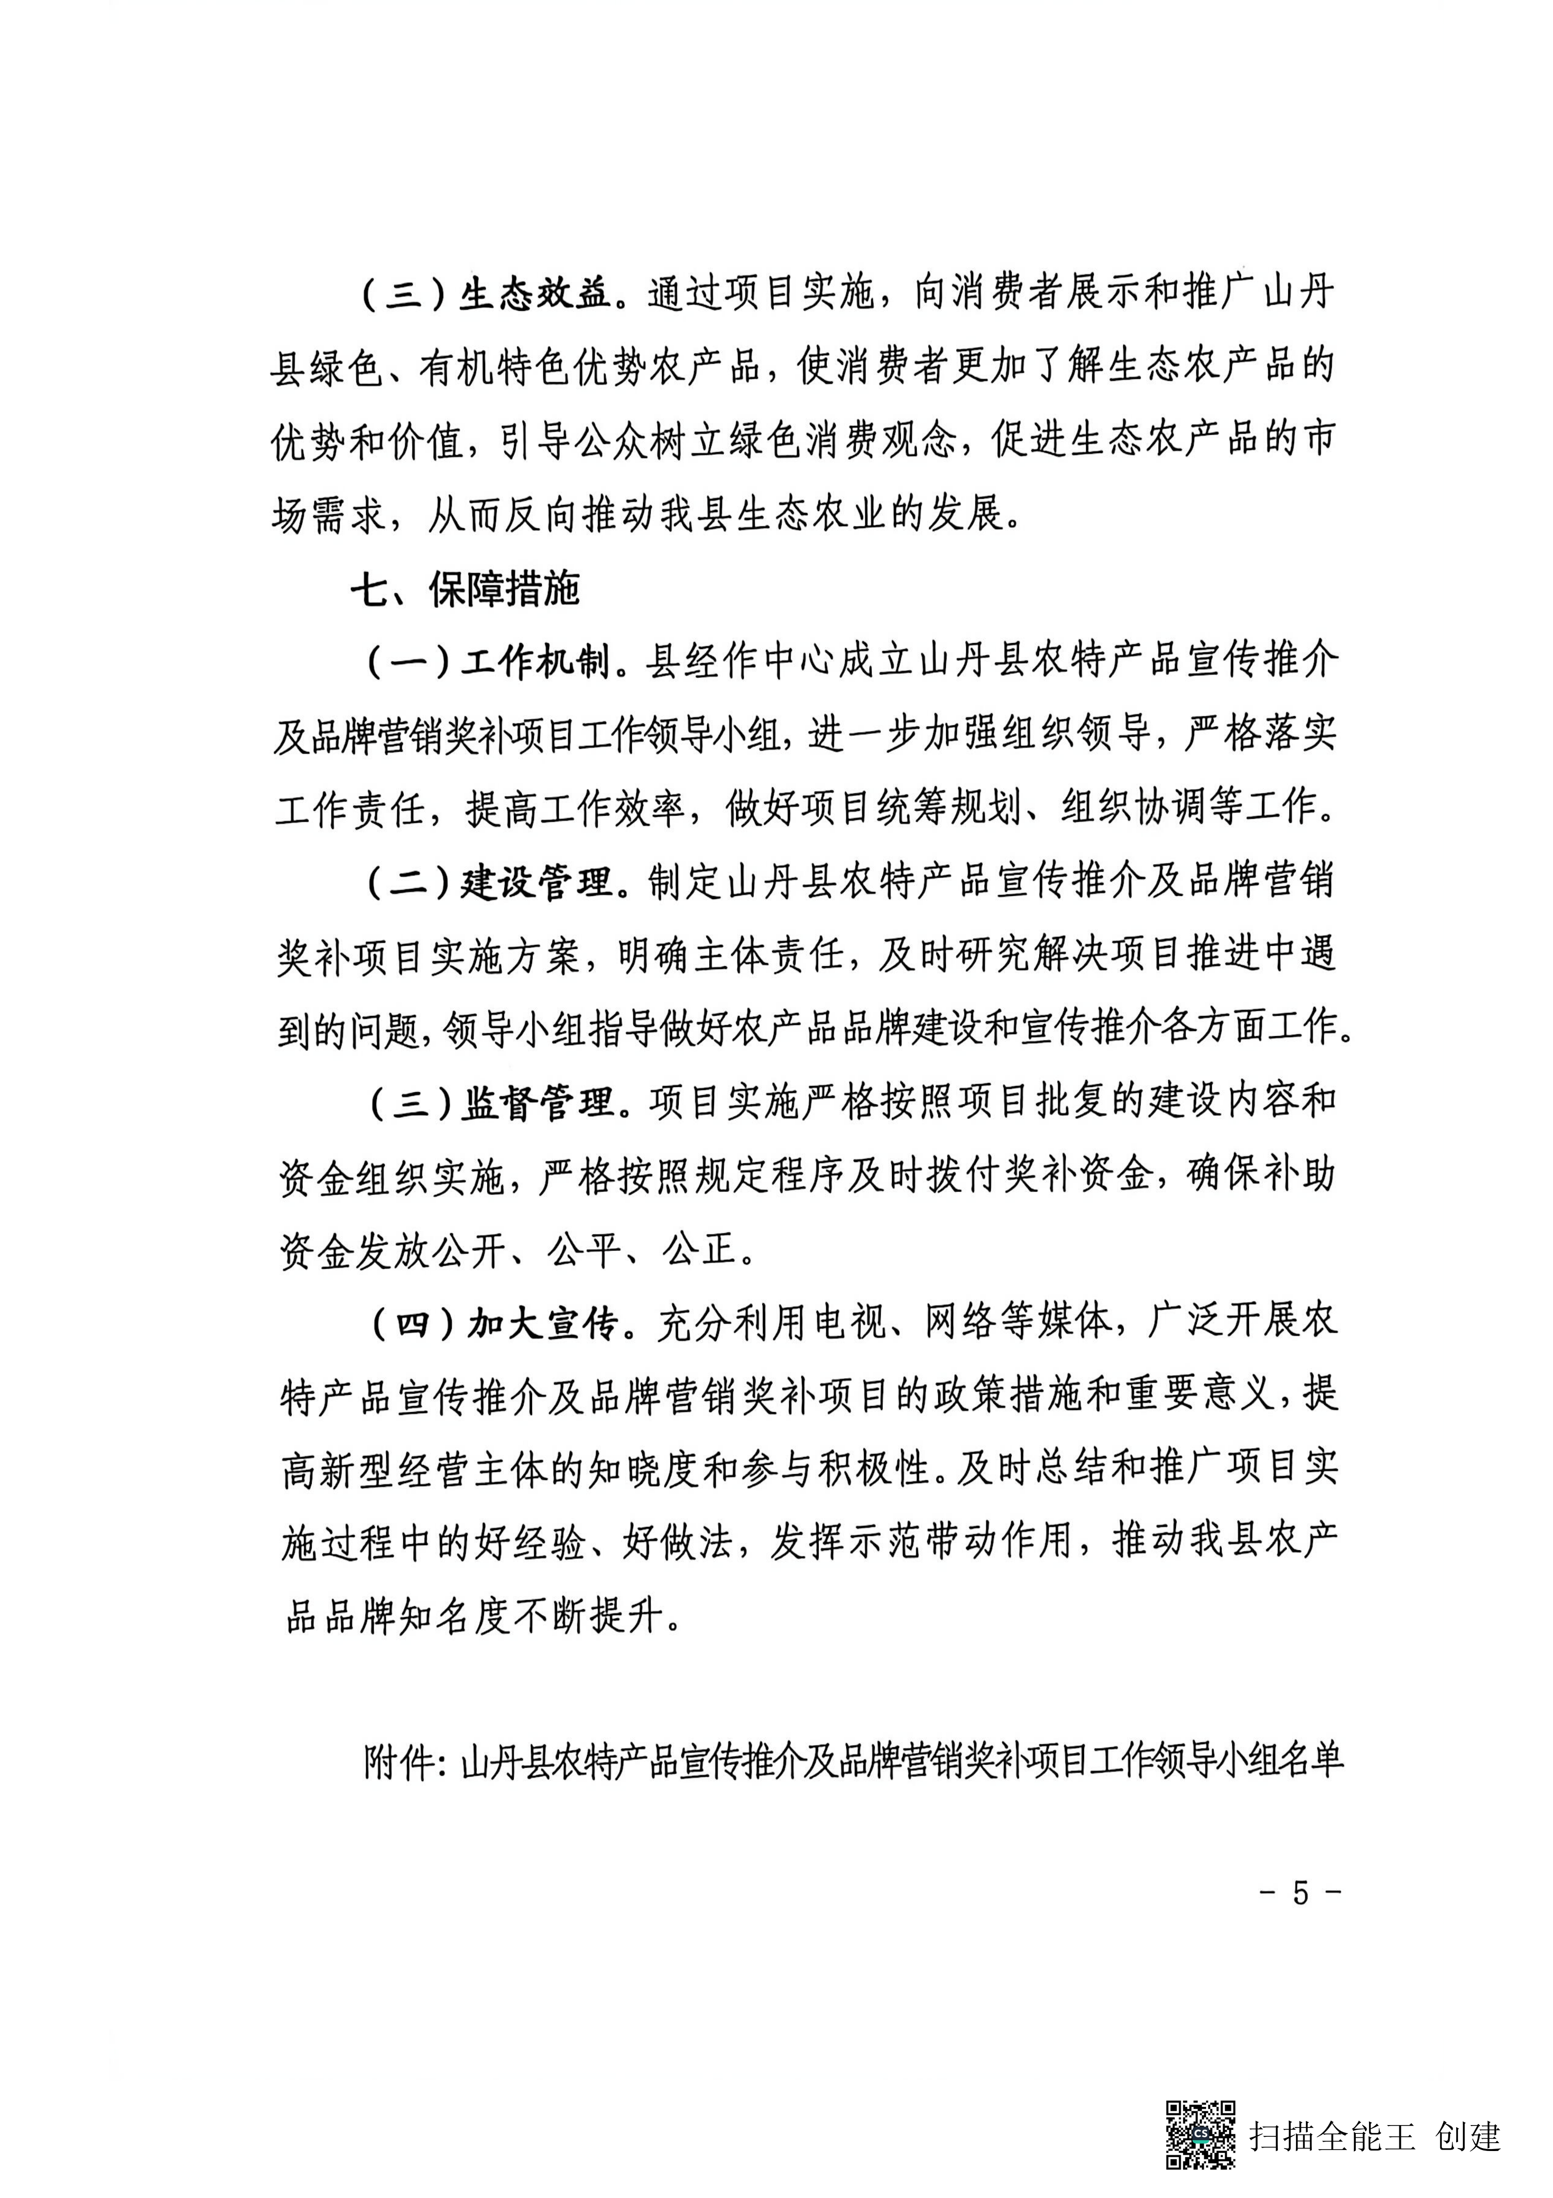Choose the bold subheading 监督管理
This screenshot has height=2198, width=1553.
coord(538,1105)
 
